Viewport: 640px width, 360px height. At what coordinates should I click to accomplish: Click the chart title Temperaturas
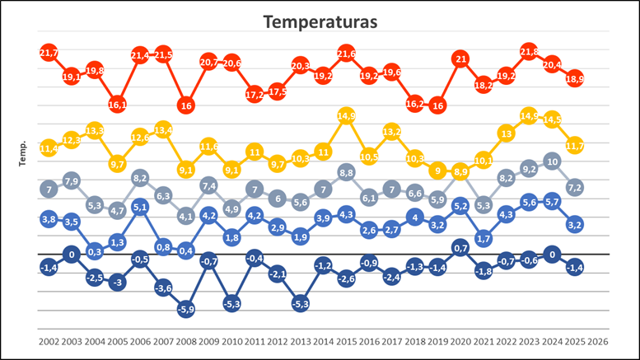pos(320,21)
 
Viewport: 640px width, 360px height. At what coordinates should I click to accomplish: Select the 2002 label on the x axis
pos(49,341)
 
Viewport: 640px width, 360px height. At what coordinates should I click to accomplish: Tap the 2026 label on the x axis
pos(598,341)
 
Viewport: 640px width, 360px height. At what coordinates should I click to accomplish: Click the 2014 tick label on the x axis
pos(323,341)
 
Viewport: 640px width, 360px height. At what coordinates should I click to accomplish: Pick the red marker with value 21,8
pos(529,52)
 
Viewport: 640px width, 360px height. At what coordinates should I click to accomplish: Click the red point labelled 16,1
pos(117,105)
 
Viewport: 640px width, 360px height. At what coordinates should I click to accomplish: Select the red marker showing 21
pos(461,59)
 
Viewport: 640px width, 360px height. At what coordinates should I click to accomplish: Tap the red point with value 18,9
pos(575,78)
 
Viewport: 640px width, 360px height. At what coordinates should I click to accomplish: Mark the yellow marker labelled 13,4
pos(163,129)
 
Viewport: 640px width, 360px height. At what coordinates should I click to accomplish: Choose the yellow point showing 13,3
pos(94,130)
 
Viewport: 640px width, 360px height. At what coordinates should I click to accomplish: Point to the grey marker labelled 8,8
pos(346,172)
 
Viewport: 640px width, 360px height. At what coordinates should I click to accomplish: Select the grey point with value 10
pos(553,161)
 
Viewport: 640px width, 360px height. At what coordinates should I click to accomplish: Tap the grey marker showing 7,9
pos(71,180)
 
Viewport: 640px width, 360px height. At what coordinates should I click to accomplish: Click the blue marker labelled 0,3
pos(94,251)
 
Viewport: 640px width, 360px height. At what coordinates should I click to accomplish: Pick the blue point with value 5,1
pos(140,207)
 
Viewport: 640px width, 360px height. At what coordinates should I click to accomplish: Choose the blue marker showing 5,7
pos(553,201)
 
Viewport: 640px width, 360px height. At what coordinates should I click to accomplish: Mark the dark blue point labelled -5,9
pos(186,309)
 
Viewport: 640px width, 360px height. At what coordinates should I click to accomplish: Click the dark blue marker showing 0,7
pos(461,247)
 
